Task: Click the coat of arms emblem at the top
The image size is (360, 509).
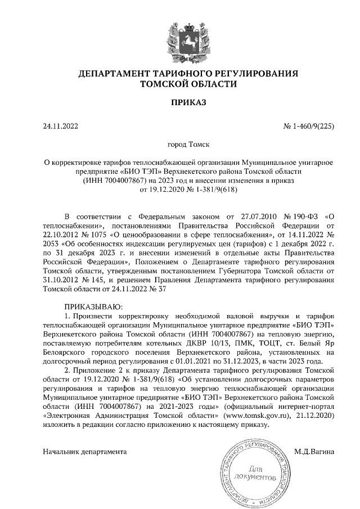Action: coord(181,39)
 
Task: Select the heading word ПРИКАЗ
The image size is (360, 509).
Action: coord(181,103)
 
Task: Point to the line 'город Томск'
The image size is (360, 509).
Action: coord(181,145)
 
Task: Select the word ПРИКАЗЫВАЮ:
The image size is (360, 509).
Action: coord(91,307)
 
